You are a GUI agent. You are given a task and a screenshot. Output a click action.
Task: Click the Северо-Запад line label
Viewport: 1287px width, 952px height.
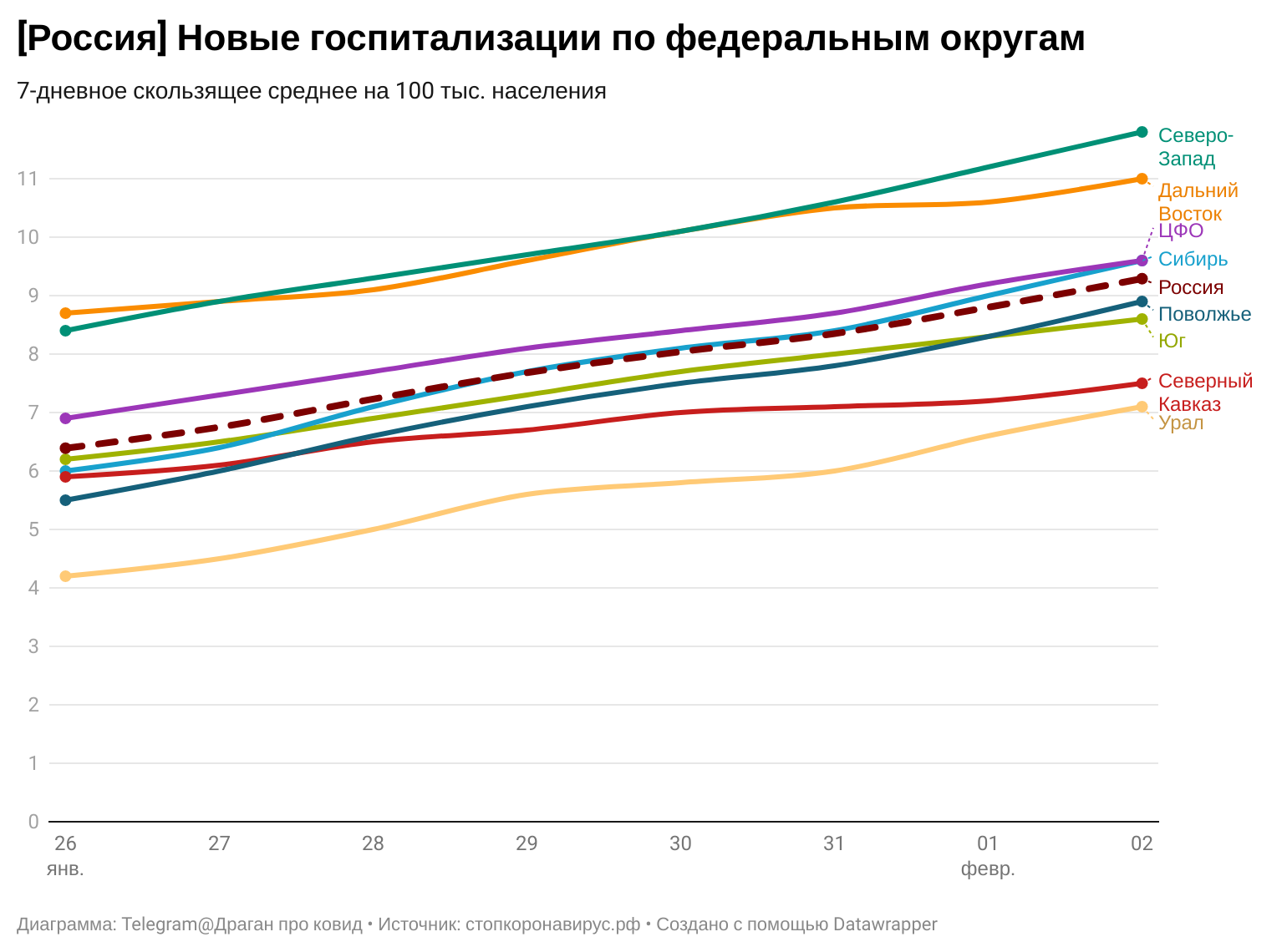pos(1195,147)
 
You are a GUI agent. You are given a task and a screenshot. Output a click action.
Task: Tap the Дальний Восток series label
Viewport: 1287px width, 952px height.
pos(1198,202)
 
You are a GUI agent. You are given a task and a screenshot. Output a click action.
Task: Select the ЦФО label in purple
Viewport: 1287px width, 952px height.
pos(1181,230)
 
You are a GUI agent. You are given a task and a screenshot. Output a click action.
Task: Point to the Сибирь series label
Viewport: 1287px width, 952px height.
pos(1193,259)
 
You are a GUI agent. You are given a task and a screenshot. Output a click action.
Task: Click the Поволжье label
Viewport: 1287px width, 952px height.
pos(1204,315)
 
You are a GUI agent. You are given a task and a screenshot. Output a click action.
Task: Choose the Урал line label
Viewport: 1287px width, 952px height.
pos(1181,423)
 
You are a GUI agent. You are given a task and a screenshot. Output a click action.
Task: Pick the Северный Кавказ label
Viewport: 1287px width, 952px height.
pos(1205,392)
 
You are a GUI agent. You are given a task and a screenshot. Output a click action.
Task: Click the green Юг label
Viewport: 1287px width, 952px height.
pos(1172,341)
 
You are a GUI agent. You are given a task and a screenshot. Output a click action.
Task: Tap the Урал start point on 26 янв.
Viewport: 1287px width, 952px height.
pos(66,576)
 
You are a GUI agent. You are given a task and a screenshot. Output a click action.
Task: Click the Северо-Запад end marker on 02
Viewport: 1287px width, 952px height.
pos(1142,132)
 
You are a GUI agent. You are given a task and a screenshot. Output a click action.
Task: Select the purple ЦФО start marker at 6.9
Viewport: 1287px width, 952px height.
pos(66,418)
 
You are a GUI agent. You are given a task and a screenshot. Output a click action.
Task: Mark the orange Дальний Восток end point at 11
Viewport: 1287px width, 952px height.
pos(1142,179)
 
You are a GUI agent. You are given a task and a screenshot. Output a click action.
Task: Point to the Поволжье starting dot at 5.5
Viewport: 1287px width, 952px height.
pos(66,500)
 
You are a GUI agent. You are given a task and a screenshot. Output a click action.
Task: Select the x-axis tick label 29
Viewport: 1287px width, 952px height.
pos(526,843)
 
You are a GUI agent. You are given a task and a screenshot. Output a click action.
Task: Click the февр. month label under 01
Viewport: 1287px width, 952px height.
pos(988,868)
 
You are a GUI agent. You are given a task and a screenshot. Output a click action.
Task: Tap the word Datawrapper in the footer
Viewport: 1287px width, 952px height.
pos(885,924)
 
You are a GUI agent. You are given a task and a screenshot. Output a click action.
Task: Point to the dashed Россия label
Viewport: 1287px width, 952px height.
pos(1191,287)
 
